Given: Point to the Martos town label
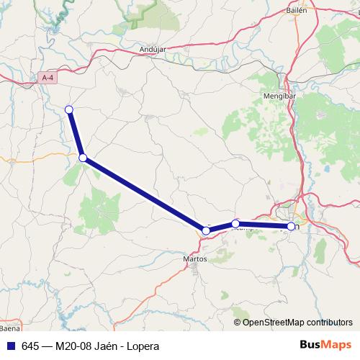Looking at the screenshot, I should click(195, 257).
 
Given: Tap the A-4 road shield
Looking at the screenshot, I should click(48, 77).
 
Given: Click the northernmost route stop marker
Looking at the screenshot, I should click(69, 109).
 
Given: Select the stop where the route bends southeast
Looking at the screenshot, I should click(83, 158).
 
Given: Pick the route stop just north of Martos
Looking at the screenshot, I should click(206, 230).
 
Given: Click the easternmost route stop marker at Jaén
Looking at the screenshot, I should click(291, 226).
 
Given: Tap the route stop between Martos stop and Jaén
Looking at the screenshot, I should click(235, 224).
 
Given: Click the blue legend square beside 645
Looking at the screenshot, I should click(10, 346).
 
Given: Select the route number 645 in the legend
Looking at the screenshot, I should click(30, 346).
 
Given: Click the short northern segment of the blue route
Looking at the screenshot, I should click(76, 133).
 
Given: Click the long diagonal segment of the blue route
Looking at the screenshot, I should click(144, 194).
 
